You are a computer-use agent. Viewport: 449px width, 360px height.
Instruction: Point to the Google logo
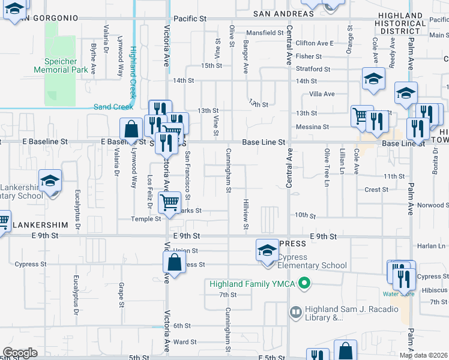coord(20,352)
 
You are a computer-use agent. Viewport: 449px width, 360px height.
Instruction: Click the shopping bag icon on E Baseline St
coord(130,128)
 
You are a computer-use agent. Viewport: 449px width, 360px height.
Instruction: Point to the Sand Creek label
coord(113,107)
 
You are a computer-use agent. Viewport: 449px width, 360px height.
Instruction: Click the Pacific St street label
coord(190,19)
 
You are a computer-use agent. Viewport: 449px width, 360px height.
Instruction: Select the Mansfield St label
coord(265,33)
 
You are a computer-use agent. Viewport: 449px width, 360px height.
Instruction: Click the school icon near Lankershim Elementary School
coord(50,180)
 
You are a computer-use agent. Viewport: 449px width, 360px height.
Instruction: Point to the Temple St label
coord(146,219)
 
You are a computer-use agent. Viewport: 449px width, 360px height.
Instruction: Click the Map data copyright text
coord(424,355)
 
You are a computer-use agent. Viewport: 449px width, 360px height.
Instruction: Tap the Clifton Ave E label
coord(314,43)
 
